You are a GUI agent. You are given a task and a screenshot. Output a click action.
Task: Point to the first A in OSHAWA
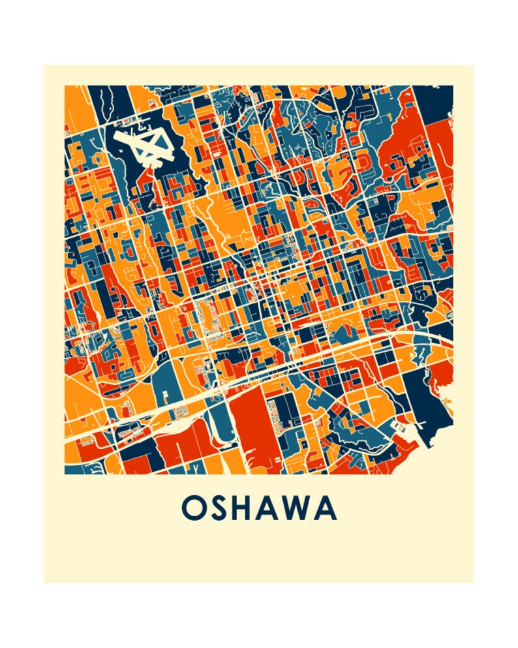276,508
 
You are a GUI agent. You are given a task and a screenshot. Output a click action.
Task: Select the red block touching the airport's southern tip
149,179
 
